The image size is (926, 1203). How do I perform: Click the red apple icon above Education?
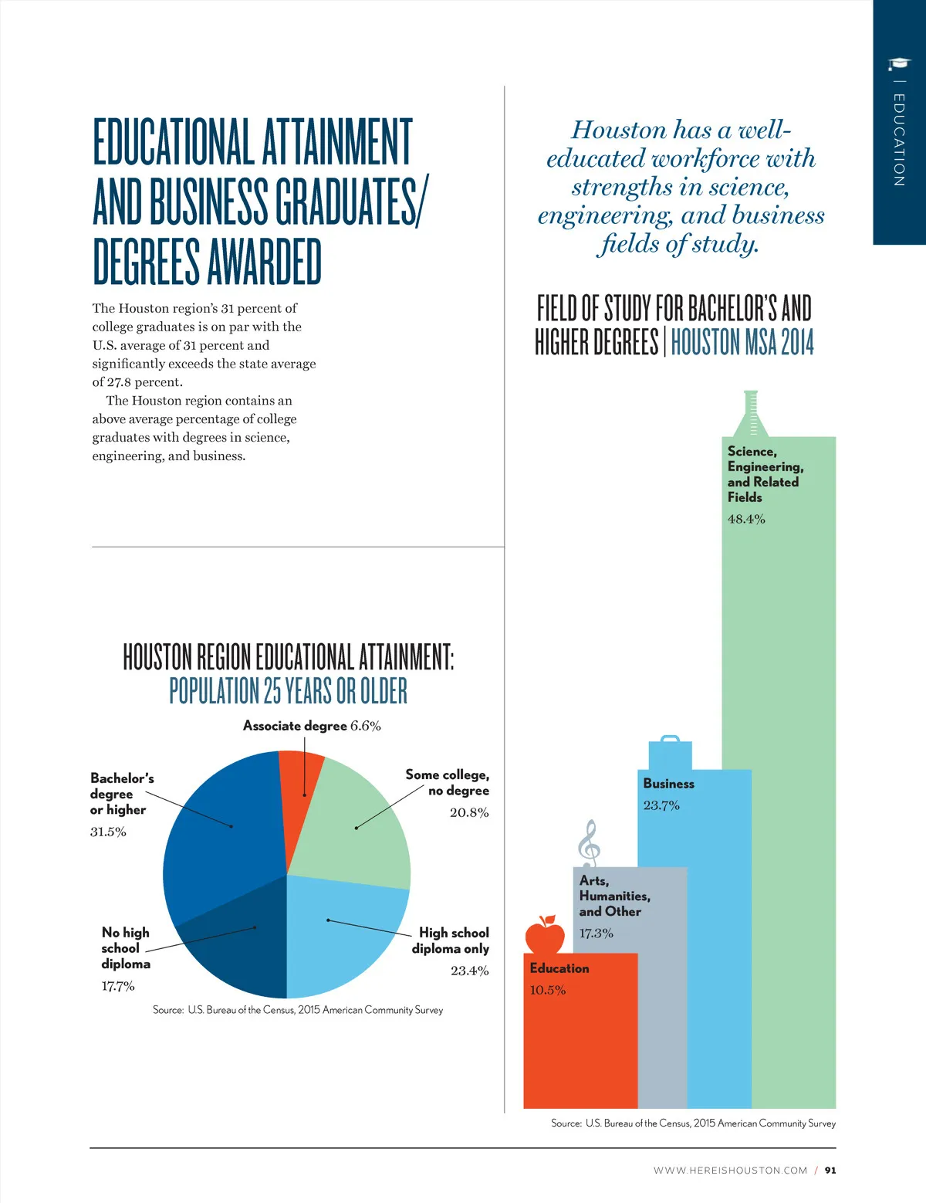pos(545,935)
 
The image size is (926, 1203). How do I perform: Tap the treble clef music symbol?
pos(589,842)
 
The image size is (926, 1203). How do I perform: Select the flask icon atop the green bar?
pos(750,415)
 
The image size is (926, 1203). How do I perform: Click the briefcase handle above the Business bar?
pos(670,740)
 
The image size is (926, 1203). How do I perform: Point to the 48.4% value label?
pos(746,519)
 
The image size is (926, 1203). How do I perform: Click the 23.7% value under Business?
pos(661,805)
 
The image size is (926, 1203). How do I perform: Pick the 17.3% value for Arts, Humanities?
pos(596,933)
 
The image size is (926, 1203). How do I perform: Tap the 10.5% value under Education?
pos(547,990)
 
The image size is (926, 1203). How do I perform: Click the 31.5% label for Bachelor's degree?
pos(108,832)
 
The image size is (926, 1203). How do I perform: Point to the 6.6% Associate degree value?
pos(365,726)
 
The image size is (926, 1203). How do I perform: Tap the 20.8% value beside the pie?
pos(469,812)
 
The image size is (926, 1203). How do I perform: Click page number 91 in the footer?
pos(830,1171)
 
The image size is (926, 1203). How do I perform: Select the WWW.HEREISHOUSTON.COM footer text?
pos(730,1171)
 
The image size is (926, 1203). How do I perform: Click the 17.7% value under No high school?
pos(118,986)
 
